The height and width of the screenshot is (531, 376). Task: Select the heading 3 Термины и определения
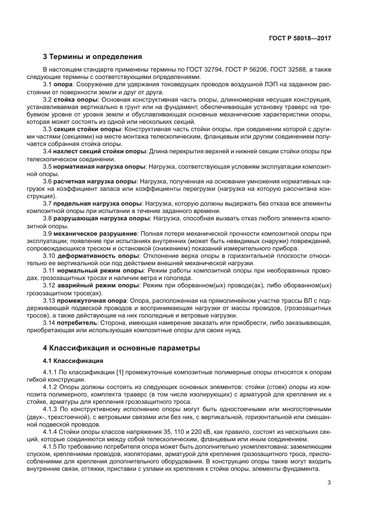click(93, 57)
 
